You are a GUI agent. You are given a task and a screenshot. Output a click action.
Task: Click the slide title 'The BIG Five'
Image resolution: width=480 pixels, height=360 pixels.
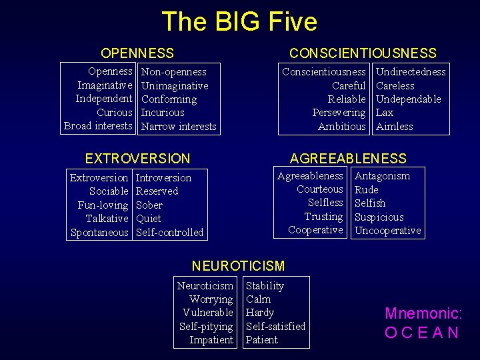click(x=239, y=21)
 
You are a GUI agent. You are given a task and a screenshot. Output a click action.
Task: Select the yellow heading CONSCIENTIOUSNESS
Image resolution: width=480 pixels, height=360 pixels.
click(x=363, y=53)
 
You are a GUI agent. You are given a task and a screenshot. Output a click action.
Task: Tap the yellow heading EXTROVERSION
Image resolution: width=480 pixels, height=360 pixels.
click(x=137, y=159)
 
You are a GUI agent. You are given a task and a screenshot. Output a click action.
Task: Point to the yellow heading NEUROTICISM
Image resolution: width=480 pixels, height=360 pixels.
click(x=238, y=266)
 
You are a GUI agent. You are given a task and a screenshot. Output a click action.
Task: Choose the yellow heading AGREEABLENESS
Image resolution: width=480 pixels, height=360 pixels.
click(x=348, y=159)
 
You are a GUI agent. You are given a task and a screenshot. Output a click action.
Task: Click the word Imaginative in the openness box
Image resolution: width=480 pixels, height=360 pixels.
click(x=105, y=85)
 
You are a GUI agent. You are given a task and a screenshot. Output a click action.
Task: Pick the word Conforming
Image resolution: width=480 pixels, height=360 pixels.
click(x=169, y=99)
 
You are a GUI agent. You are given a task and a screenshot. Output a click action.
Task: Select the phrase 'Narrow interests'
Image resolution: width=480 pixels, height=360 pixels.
click(x=179, y=127)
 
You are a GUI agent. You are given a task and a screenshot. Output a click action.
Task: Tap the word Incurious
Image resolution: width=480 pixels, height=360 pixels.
click(x=163, y=113)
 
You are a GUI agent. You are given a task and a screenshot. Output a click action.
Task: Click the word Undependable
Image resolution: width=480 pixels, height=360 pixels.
click(x=409, y=99)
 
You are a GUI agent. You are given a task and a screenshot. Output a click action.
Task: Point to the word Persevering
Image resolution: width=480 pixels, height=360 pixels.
click(x=339, y=113)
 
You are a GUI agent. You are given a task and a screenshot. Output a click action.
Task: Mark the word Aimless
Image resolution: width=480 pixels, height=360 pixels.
click(x=395, y=127)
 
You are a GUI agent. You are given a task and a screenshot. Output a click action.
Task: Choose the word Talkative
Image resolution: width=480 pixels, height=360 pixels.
click(x=107, y=219)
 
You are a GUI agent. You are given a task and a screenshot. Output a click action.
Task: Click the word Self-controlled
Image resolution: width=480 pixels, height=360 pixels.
click(x=169, y=233)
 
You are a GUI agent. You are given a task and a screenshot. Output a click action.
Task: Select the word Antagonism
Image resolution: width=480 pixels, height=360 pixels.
click(x=382, y=176)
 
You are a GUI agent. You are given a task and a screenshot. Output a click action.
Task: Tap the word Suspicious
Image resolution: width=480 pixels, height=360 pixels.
click(x=379, y=217)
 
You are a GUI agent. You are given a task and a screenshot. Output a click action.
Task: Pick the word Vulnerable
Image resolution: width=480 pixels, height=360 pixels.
click(x=207, y=313)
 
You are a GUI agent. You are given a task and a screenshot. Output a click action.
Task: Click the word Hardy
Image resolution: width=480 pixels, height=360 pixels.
click(x=260, y=313)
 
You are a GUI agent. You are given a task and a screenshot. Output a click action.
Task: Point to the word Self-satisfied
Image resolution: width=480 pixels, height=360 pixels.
click(x=275, y=327)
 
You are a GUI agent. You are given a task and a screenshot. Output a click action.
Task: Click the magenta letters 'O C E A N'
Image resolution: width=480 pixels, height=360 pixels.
click(x=422, y=332)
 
